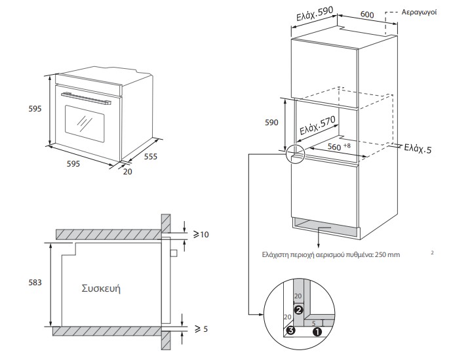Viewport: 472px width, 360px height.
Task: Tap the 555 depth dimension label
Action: (x=151, y=158)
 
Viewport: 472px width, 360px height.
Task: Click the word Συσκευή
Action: (x=102, y=289)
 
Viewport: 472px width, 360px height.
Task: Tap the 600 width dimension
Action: (x=367, y=14)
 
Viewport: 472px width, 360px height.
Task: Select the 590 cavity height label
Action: (x=271, y=123)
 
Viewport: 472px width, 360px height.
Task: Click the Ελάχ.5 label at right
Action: (x=418, y=148)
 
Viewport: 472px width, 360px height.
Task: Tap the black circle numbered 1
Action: (x=317, y=331)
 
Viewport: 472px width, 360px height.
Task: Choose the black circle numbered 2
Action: (x=298, y=309)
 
